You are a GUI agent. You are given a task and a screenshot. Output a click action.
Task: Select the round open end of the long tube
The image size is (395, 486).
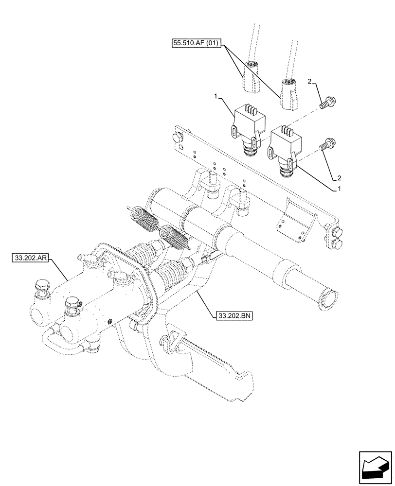327,298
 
